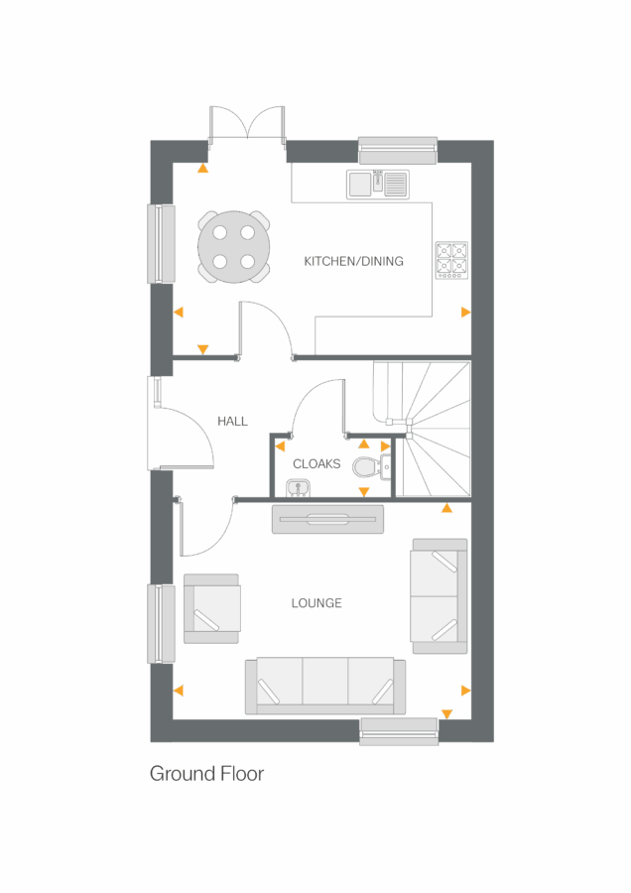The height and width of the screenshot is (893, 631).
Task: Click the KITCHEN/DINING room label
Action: (x=353, y=261)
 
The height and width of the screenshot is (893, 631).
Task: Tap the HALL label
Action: (x=232, y=422)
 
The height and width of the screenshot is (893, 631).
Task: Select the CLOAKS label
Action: (x=316, y=463)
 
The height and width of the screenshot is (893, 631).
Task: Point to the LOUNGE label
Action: (x=316, y=603)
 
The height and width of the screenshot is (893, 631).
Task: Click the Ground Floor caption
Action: (x=206, y=773)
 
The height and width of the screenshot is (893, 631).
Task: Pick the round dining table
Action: (x=233, y=248)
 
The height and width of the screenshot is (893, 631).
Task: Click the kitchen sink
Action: (x=377, y=183)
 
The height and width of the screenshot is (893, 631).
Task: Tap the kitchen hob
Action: (x=451, y=260)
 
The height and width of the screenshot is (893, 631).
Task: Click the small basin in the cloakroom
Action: (x=298, y=486)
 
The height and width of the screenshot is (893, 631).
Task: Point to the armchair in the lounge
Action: (x=212, y=607)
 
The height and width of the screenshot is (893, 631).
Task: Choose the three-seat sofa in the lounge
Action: (x=325, y=686)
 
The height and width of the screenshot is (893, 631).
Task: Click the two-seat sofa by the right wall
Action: (x=439, y=596)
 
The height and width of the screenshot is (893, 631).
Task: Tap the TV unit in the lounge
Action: (x=327, y=519)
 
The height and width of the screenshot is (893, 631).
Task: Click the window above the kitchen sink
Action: (x=397, y=151)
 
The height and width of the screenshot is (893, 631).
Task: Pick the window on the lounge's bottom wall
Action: (x=399, y=731)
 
